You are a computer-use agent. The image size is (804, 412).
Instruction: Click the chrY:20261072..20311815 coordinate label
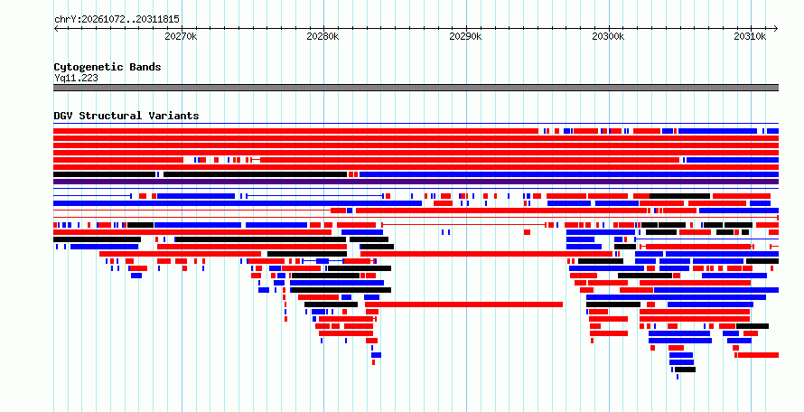117,20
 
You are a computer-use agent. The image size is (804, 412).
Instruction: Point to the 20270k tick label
181,36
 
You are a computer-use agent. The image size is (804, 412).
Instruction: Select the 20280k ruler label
323,36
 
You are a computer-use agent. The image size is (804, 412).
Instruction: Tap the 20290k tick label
465,36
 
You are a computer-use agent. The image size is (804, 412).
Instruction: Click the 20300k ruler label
608,36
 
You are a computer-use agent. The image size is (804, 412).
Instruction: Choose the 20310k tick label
750,36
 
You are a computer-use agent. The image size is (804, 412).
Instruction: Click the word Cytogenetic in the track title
89,67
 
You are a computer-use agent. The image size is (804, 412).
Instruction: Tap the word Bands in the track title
145,67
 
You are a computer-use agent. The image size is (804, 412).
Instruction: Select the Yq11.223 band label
76,79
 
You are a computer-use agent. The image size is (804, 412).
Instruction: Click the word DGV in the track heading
63,116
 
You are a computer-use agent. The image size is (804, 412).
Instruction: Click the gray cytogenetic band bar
416,88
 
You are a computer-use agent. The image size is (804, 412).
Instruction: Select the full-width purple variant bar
416,182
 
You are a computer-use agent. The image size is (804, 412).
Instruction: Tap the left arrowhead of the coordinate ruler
55,29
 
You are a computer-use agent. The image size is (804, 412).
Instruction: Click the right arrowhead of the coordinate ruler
776,29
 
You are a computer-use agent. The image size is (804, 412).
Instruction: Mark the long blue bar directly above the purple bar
569,174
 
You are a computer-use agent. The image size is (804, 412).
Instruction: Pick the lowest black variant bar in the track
685,370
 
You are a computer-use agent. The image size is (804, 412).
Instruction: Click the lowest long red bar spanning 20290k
464,304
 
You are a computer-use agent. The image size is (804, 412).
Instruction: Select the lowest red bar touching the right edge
758,355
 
